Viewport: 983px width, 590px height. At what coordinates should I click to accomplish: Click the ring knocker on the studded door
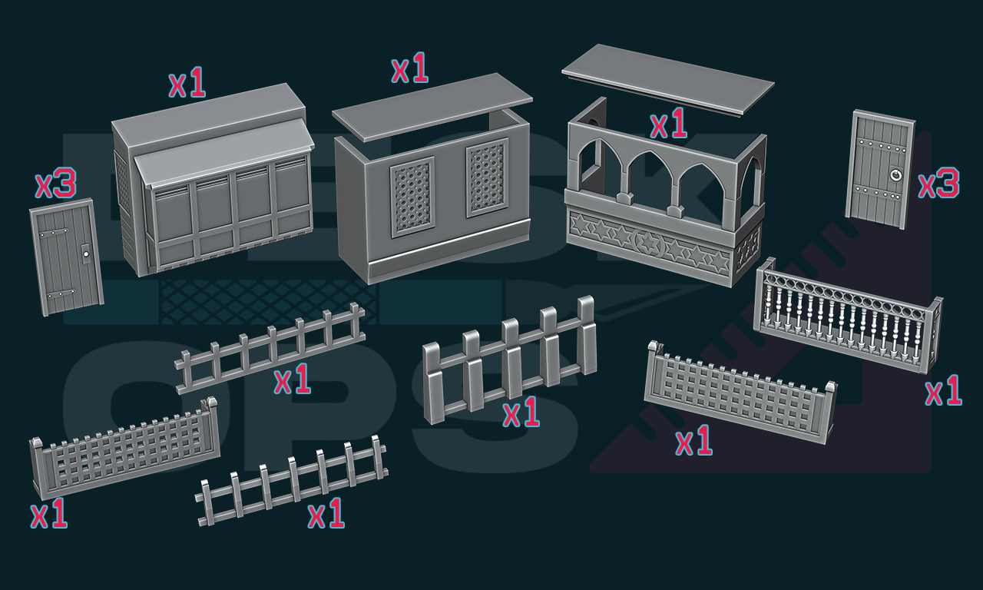895,175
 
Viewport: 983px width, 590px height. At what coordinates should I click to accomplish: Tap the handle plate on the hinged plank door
86,254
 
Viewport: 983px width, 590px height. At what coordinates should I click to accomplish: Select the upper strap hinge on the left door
54,233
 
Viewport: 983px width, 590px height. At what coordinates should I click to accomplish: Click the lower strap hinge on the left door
61,293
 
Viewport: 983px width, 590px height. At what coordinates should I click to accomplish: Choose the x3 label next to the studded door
938,183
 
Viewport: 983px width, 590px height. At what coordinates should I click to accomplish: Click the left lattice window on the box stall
412,197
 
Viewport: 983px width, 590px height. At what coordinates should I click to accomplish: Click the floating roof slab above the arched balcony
668,79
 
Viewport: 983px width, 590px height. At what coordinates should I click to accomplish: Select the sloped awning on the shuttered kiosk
223,152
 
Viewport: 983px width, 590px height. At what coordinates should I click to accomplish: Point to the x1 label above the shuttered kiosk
187,82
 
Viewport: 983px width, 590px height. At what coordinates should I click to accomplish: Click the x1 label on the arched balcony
668,124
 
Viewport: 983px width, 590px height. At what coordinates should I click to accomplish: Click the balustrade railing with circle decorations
848,316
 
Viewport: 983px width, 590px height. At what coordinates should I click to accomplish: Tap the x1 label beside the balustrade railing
944,390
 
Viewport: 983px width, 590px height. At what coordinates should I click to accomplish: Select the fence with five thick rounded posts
509,360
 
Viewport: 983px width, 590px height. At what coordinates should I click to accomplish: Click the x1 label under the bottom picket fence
326,512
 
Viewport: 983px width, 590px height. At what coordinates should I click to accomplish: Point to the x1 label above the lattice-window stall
410,68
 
